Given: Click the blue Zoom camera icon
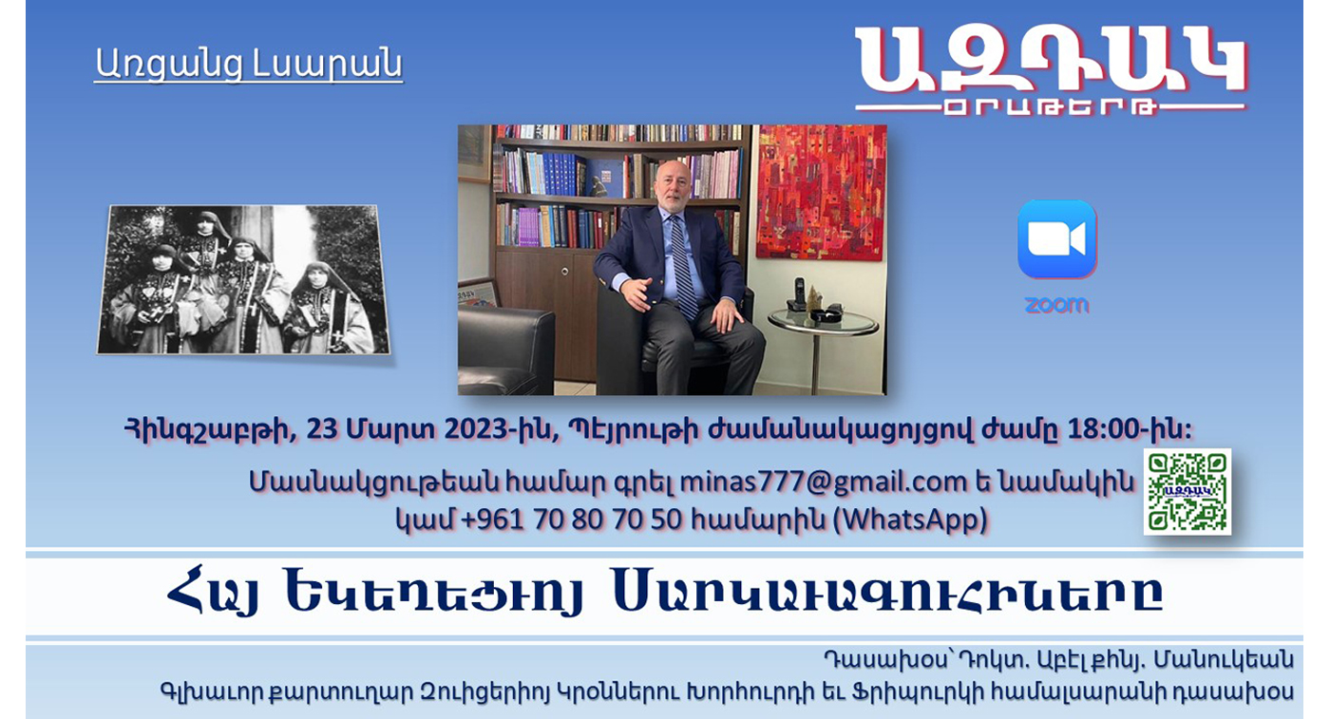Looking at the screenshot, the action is (x=1056, y=239).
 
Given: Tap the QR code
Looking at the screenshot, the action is (x=1187, y=492).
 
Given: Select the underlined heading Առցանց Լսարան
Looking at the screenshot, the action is (x=249, y=65).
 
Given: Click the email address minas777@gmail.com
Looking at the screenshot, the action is (x=824, y=482).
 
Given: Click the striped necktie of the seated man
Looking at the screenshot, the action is (x=684, y=268).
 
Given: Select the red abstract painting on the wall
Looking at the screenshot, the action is (x=822, y=192).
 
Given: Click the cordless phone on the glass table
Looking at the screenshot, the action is (x=799, y=294).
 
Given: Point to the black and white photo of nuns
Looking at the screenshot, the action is (x=243, y=279).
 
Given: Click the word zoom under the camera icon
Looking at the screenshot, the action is (x=1056, y=305).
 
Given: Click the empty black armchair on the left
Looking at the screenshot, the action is (x=505, y=350).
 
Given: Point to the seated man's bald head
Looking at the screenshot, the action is (x=673, y=174).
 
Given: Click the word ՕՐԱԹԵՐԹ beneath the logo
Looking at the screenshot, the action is (x=1050, y=107).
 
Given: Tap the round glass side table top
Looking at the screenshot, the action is (x=823, y=322).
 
